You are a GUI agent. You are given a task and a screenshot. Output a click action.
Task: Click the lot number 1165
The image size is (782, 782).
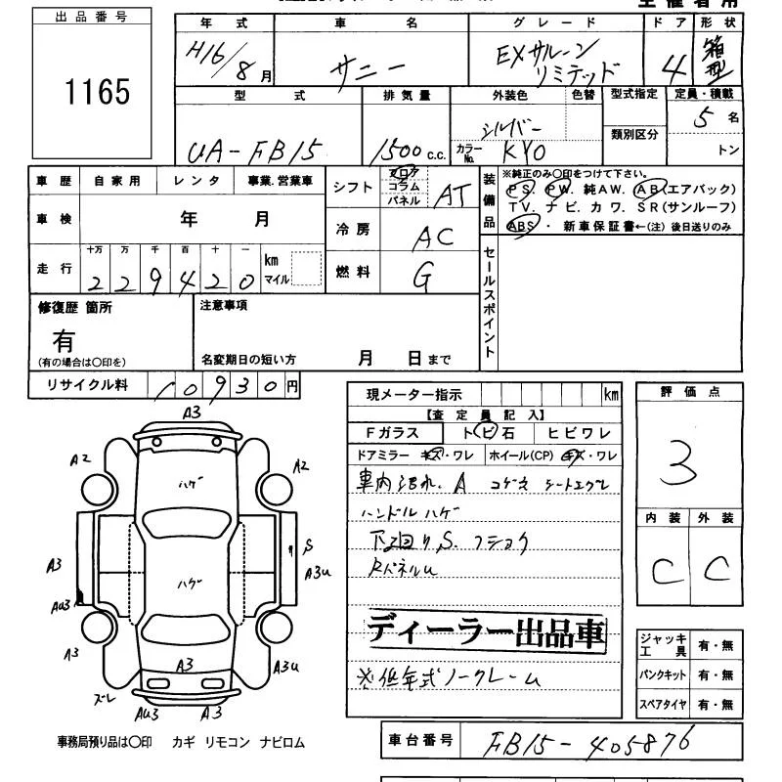click(97, 92)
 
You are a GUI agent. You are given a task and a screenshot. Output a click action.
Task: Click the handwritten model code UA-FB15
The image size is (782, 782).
click(251, 150)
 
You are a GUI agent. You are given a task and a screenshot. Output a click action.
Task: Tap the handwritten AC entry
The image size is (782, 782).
click(433, 238)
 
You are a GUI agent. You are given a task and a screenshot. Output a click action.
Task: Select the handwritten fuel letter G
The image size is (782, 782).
click(423, 279)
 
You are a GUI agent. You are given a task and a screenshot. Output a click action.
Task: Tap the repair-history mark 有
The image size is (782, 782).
click(64, 341)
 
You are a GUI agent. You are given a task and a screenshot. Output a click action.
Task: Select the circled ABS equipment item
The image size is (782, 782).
click(521, 225)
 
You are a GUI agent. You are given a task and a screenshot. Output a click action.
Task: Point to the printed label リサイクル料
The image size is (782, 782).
click(88, 385)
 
